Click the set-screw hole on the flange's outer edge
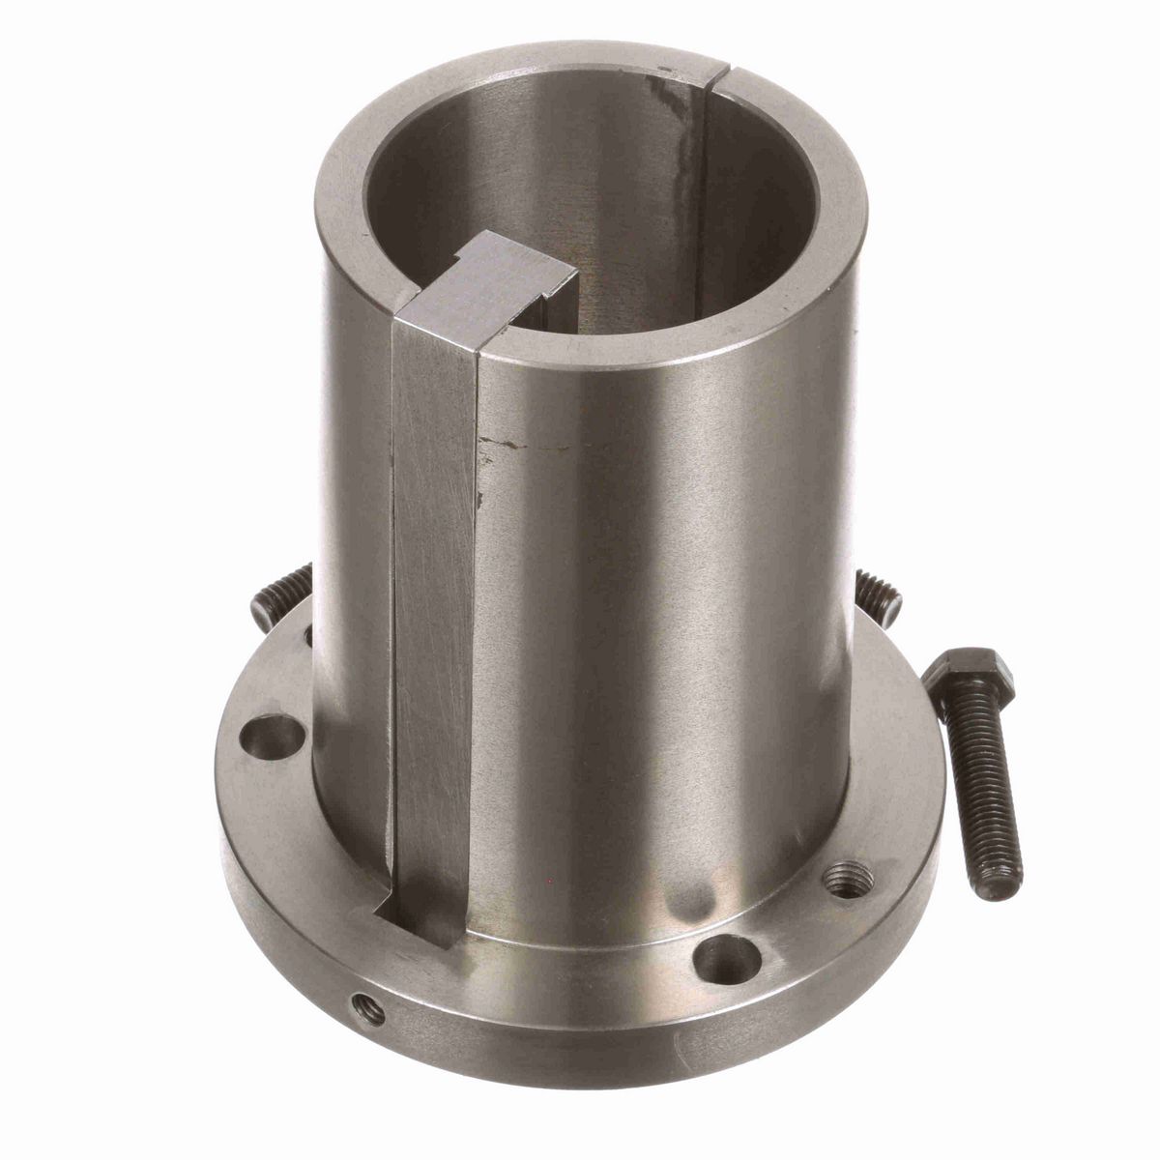370,1009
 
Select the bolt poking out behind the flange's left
280,595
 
